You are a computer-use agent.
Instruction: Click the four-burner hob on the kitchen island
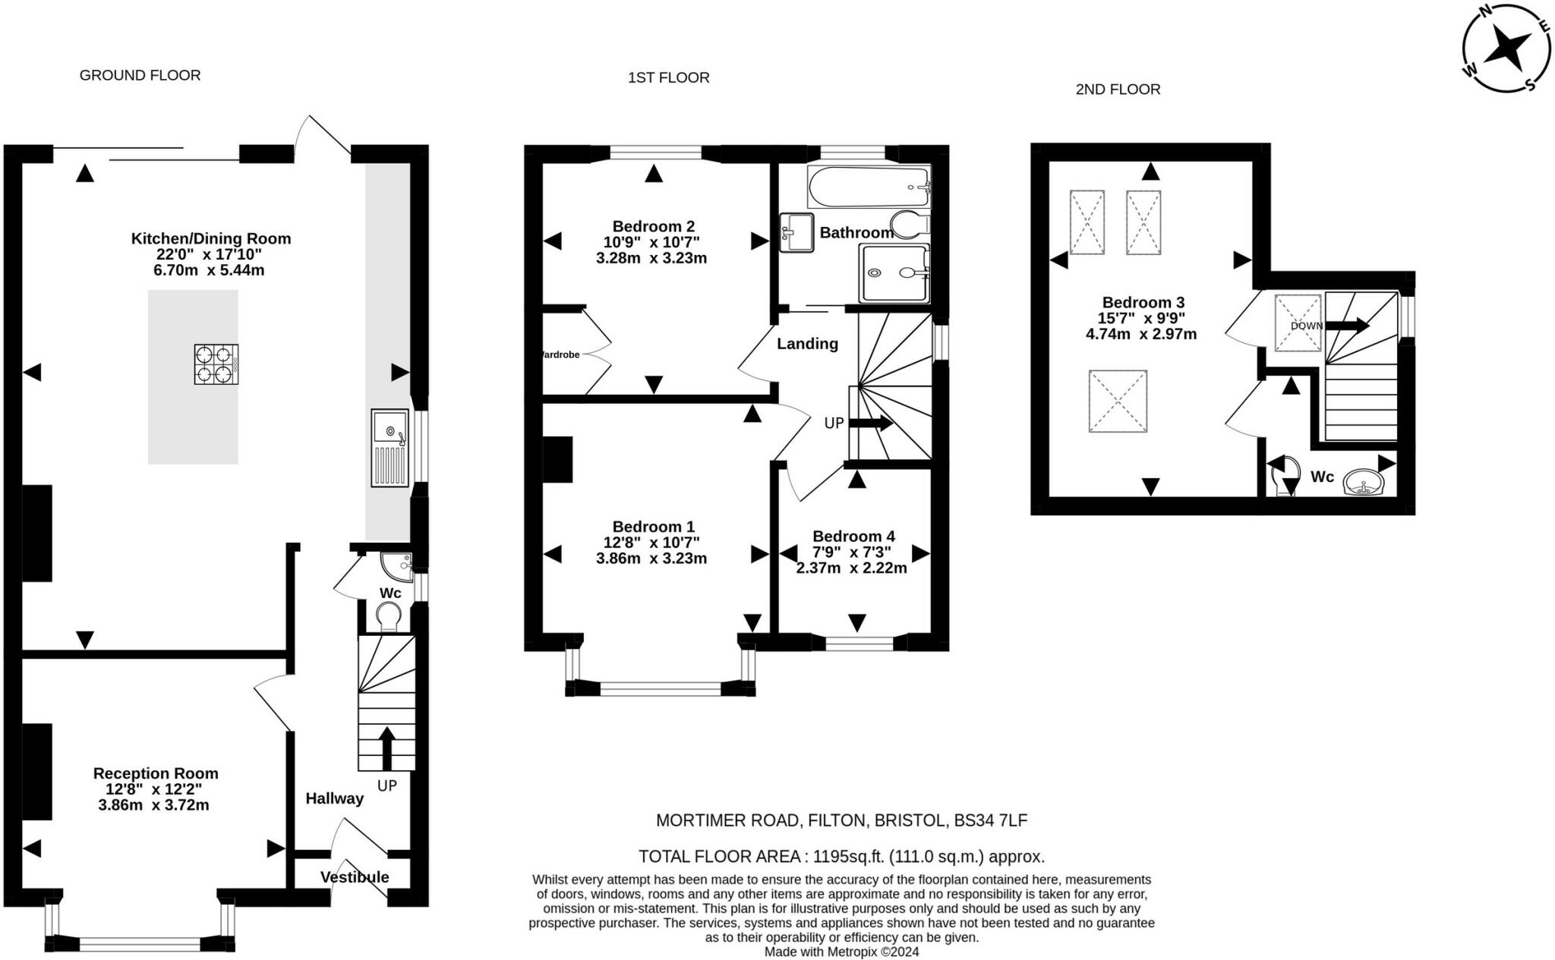pos(216,364)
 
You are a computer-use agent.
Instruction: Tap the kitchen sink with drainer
pos(390,448)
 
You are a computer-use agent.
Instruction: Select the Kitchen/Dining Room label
pos(211,238)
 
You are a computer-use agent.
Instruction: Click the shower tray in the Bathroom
pos(893,273)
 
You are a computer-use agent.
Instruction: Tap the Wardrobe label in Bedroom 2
pos(560,354)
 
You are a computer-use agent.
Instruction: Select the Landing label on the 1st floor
pos(807,344)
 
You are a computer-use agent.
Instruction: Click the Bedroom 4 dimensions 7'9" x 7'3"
pos(850,552)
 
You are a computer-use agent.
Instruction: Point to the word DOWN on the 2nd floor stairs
pos(1306,326)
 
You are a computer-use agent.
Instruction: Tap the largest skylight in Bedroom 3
pos(1117,401)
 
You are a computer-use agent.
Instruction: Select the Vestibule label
pos(354,877)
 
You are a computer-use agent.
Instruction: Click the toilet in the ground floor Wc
pos(388,615)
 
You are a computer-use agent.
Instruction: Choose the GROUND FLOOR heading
pos(140,75)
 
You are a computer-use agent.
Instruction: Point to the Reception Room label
pos(156,773)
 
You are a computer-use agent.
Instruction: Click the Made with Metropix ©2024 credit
pos(841,952)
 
